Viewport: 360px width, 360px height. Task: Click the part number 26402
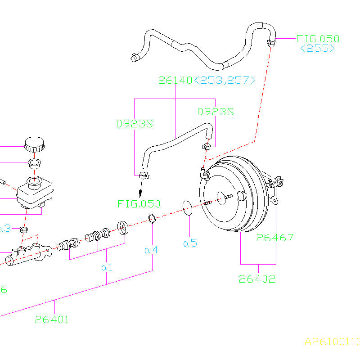257,279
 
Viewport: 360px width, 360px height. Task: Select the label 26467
275,238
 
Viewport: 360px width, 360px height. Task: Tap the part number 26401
52,320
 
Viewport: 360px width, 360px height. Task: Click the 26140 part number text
175,81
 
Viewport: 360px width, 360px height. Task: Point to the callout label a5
190,243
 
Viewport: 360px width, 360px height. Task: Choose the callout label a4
152,249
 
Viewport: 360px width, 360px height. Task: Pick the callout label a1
107,267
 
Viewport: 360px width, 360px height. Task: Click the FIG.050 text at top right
318,39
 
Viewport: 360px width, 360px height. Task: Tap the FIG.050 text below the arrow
139,204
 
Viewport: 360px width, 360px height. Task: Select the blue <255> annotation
318,49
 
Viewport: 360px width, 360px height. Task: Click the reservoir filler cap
34,144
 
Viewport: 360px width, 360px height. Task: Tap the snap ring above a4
153,219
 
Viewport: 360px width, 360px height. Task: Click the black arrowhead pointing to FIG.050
140,193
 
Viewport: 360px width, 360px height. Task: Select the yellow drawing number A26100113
332,342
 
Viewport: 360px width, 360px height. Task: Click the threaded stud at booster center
227,197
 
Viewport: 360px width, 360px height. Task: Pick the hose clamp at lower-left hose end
144,175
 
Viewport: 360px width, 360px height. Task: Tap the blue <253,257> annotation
225,81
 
